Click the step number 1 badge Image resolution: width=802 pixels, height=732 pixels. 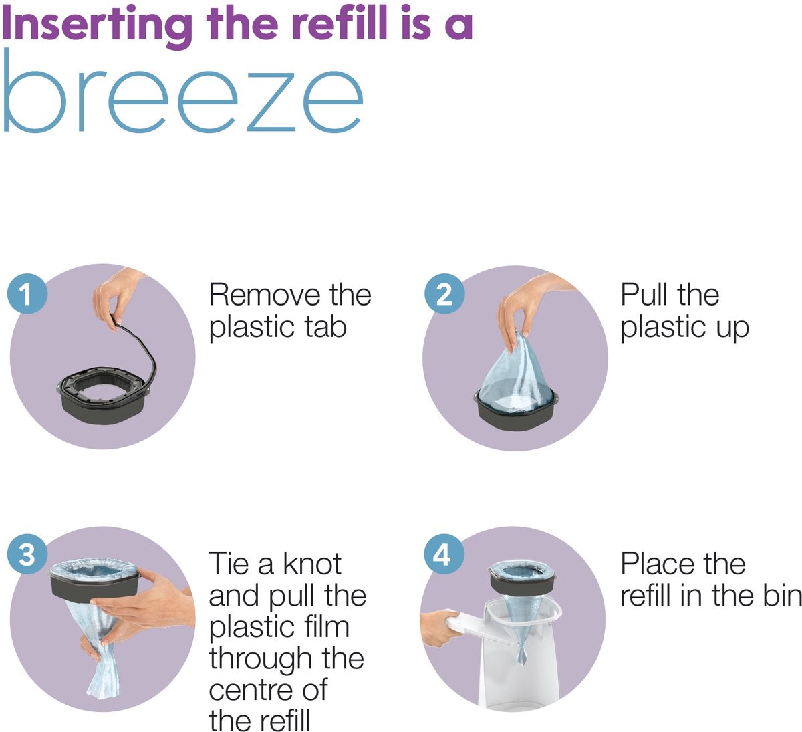[x=27, y=293]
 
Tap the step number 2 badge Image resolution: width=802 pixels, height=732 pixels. [x=444, y=293]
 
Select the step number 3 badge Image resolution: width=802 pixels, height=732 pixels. [x=27, y=554]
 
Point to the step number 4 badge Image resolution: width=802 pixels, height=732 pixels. [x=444, y=554]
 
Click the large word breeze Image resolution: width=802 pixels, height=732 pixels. [x=183, y=91]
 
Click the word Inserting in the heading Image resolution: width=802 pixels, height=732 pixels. [x=97, y=25]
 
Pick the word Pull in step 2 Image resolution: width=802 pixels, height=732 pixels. [x=644, y=295]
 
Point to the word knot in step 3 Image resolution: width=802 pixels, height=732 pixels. [x=312, y=564]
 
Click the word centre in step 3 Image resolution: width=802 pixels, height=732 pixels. [x=252, y=690]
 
